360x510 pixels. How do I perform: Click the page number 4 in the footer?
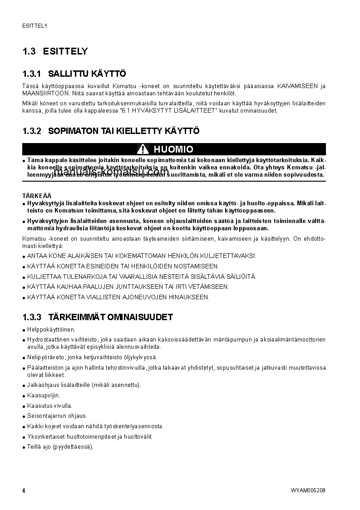[x=24, y=490]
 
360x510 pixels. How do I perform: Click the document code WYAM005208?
[x=308, y=490]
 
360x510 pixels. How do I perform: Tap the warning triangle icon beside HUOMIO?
[x=143, y=149]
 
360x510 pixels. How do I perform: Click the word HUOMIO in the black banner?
[x=173, y=149]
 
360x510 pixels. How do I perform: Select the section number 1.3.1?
[x=31, y=74]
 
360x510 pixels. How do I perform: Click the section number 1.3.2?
[x=31, y=131]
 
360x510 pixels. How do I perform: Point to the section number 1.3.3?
[x=31, y=317]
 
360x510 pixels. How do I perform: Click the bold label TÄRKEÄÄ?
[x=34, y=196]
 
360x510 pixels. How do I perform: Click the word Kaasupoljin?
[x=44, y=396]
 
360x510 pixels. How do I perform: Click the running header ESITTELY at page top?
[x=35, y=26]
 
